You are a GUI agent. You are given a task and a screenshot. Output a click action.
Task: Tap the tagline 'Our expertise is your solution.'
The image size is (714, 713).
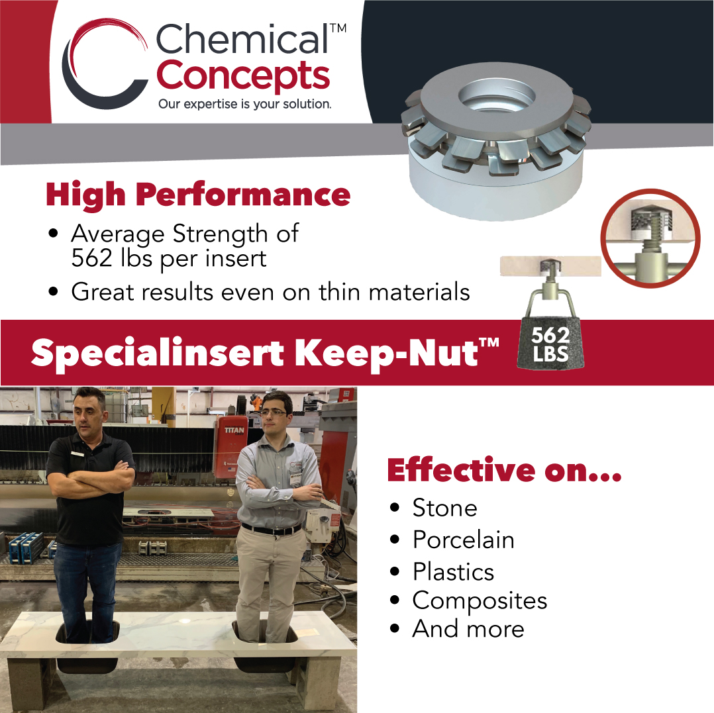pos(244,104)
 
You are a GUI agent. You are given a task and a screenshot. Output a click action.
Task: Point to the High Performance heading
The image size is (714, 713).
pos(197,194)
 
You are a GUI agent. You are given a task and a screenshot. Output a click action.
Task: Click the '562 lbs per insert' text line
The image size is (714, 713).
pos(168,258)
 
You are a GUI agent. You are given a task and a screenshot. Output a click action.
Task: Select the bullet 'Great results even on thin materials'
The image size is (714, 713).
pos(270,291)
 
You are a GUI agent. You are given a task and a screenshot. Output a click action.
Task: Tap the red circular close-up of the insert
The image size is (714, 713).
pos(650,238)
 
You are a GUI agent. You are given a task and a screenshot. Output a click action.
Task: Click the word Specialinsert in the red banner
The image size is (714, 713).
pos(157,353)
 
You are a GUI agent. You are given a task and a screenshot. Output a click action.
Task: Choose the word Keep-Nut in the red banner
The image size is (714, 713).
pos(387,353)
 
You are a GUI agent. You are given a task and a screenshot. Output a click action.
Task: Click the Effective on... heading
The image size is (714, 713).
pos(504,469)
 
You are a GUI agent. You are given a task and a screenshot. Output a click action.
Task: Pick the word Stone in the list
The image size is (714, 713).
pos(444,508)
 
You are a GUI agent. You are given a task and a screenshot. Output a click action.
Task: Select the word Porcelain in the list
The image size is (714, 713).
pos(463,540)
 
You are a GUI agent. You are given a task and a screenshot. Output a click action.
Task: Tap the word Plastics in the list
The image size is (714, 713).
pos(453,571)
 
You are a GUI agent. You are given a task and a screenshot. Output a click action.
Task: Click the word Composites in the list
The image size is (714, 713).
pos(480,600)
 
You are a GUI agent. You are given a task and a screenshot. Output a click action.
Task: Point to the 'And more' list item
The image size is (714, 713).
pos(468,628)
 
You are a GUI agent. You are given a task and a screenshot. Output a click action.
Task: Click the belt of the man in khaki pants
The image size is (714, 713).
pos(272,530)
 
